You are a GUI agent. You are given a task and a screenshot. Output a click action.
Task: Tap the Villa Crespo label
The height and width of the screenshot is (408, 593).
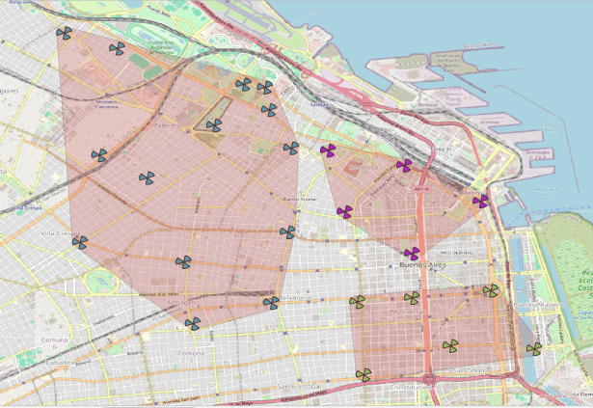click(60, 232)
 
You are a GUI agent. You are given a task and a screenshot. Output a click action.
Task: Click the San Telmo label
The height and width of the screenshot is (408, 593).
click(473, 369)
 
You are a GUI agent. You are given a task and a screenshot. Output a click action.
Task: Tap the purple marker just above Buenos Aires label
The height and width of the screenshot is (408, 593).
click(412, 253)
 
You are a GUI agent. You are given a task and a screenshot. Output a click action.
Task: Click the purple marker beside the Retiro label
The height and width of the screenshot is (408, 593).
click(480, 201)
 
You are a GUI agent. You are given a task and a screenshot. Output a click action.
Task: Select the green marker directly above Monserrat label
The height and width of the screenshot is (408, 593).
click(412, 297)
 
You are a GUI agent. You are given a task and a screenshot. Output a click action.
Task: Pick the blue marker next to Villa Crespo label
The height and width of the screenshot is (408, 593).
click(80, 242)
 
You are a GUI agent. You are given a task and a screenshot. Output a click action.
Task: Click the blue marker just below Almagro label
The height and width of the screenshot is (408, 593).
click(192, 323)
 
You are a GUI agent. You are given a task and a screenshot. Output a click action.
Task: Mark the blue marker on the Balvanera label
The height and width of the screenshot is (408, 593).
click(271, 303)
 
